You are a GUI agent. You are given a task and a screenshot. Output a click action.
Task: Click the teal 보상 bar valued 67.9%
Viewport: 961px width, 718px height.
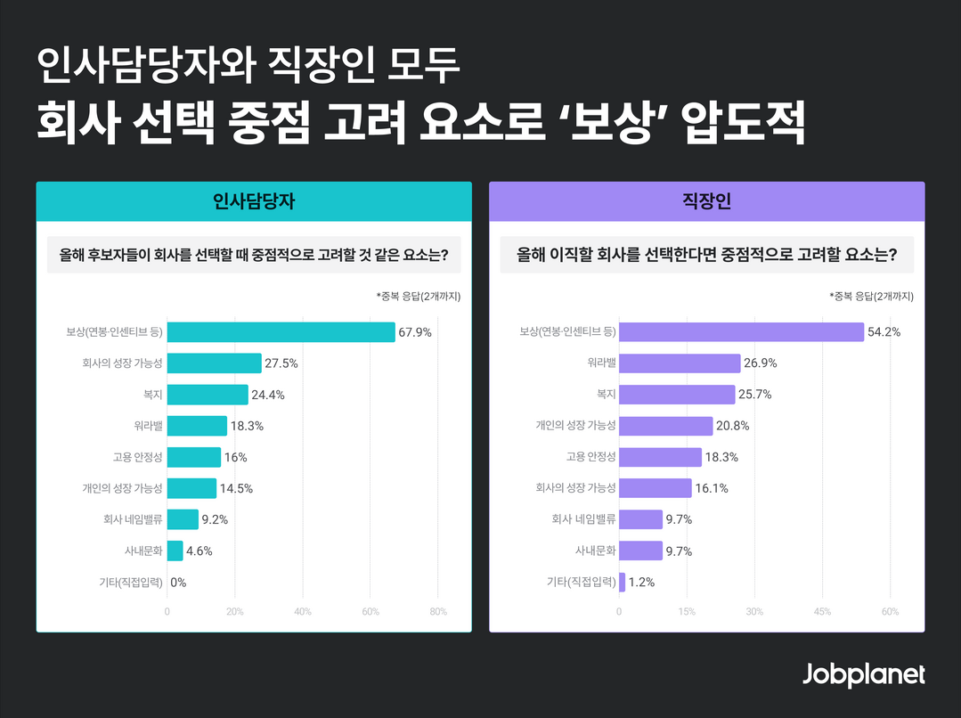point(281,332)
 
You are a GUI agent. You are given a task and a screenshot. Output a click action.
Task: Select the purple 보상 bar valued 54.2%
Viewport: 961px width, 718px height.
point(741,332)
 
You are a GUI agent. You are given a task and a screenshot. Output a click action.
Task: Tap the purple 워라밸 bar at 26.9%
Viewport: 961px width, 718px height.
point(680,363)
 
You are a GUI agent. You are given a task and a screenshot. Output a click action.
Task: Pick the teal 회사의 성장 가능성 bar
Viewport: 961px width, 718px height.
point(214,363)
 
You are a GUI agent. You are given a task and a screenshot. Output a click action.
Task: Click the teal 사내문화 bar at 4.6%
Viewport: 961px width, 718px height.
point(175,551)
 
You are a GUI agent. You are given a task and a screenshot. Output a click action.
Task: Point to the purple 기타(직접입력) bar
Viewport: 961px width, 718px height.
point(622,583)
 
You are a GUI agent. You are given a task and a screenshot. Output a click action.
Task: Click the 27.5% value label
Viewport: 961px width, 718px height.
point(281,363)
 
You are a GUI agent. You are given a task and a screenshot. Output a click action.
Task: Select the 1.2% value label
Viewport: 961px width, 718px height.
point(642,583)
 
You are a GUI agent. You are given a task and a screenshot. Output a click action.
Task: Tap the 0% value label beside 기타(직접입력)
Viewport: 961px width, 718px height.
point(178,583)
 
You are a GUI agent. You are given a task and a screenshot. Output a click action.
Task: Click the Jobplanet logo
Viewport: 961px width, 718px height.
point(863,674)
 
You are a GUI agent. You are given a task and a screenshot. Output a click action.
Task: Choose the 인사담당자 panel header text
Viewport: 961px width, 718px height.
point(254,201)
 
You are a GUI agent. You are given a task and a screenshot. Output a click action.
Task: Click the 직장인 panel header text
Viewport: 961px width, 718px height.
point(706,201)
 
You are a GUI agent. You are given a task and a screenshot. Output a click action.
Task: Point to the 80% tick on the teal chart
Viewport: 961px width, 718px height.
point(438,612)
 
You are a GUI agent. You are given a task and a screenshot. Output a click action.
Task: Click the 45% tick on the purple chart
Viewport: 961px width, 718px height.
point(822,612)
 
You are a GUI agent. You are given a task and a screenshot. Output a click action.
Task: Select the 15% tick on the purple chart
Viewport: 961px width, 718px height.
point(687,612)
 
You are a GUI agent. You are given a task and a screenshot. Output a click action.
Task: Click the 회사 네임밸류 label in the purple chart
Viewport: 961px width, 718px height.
point(583,520)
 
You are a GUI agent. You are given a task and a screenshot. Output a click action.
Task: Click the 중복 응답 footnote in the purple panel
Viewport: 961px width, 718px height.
point(871,296)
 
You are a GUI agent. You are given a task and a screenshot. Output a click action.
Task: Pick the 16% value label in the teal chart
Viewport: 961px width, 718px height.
point(236,457)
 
